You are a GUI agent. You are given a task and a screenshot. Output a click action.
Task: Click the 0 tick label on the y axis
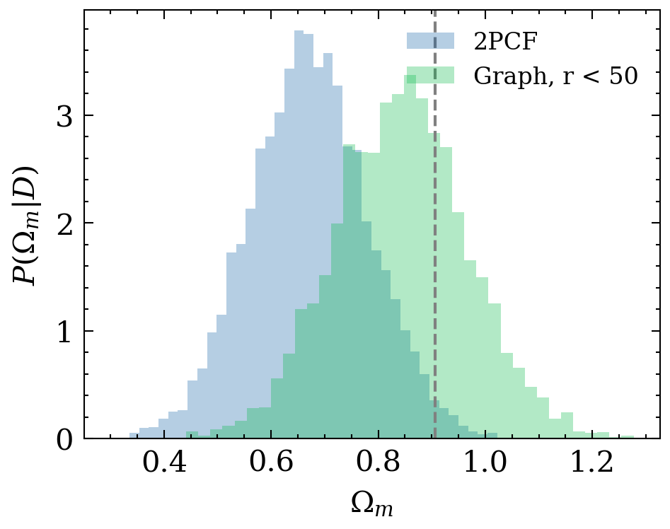click(x=65, y=440)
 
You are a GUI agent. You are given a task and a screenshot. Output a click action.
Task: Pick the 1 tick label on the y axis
click(x=65, y=332)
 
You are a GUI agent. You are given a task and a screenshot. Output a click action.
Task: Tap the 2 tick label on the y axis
click(x=65, y=223)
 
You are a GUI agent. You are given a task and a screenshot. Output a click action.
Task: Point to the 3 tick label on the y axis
click(x=65, y=115)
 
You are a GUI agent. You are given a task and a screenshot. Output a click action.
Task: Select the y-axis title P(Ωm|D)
click(x=26, y=225)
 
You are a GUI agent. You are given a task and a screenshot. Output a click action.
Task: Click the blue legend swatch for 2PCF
click(x=429, y=40)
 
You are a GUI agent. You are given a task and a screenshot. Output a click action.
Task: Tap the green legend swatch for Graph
click(x=429, y=75)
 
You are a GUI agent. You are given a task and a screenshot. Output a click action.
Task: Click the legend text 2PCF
click(x=505, y=41)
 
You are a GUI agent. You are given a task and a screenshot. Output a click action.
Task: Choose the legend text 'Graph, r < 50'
click(x=555, y=75)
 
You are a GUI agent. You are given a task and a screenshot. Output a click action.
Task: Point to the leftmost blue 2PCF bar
click(x=134, y=436)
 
